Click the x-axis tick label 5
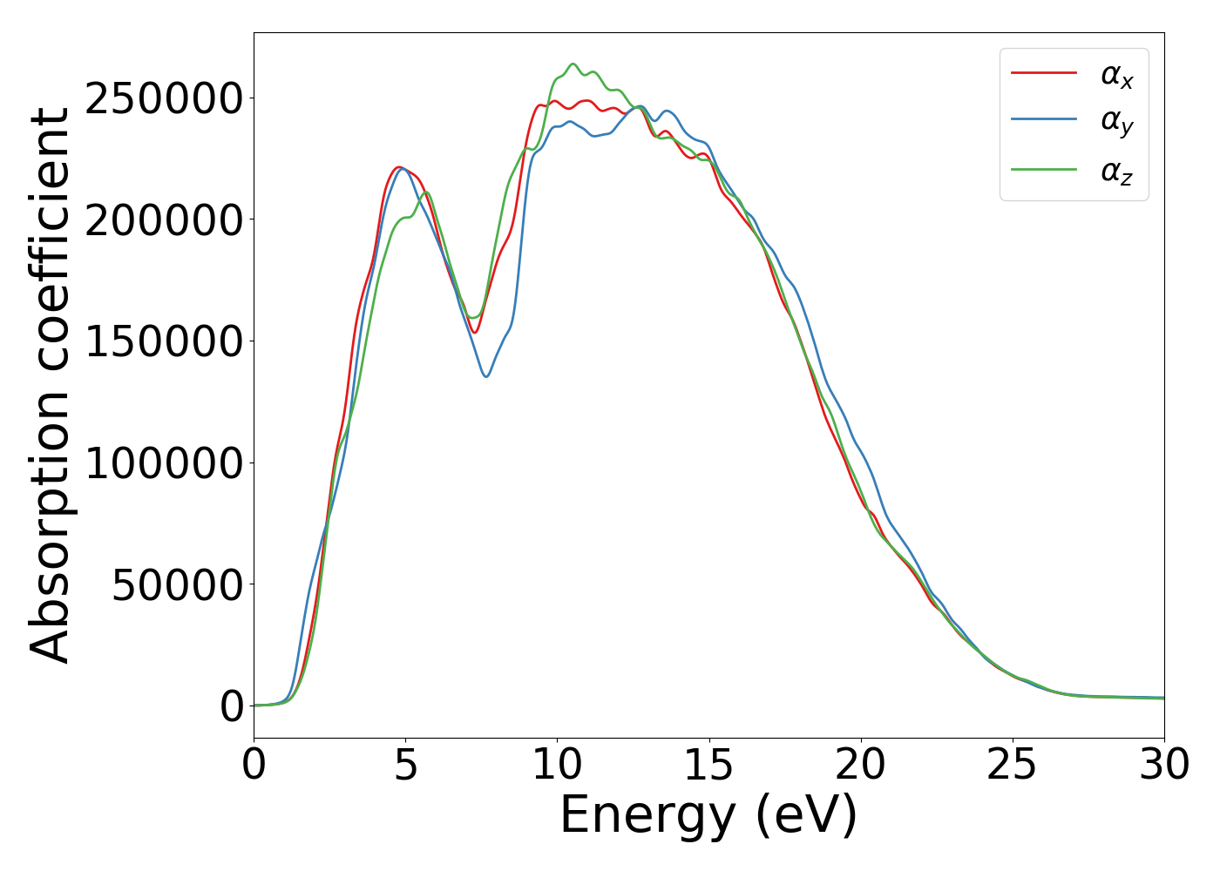405,766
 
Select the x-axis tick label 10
557,766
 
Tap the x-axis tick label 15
708,766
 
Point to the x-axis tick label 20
860,766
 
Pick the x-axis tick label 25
1012,766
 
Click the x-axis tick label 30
1163,766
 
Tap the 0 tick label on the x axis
254,766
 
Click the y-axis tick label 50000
177,585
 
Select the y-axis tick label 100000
164,463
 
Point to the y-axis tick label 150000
164,341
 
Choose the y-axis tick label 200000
164,220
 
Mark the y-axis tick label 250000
164,98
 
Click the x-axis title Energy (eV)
708,816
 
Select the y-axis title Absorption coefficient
50,385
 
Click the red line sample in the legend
1043,73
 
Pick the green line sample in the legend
1043,169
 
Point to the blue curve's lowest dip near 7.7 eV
486,376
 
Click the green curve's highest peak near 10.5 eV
573,64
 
